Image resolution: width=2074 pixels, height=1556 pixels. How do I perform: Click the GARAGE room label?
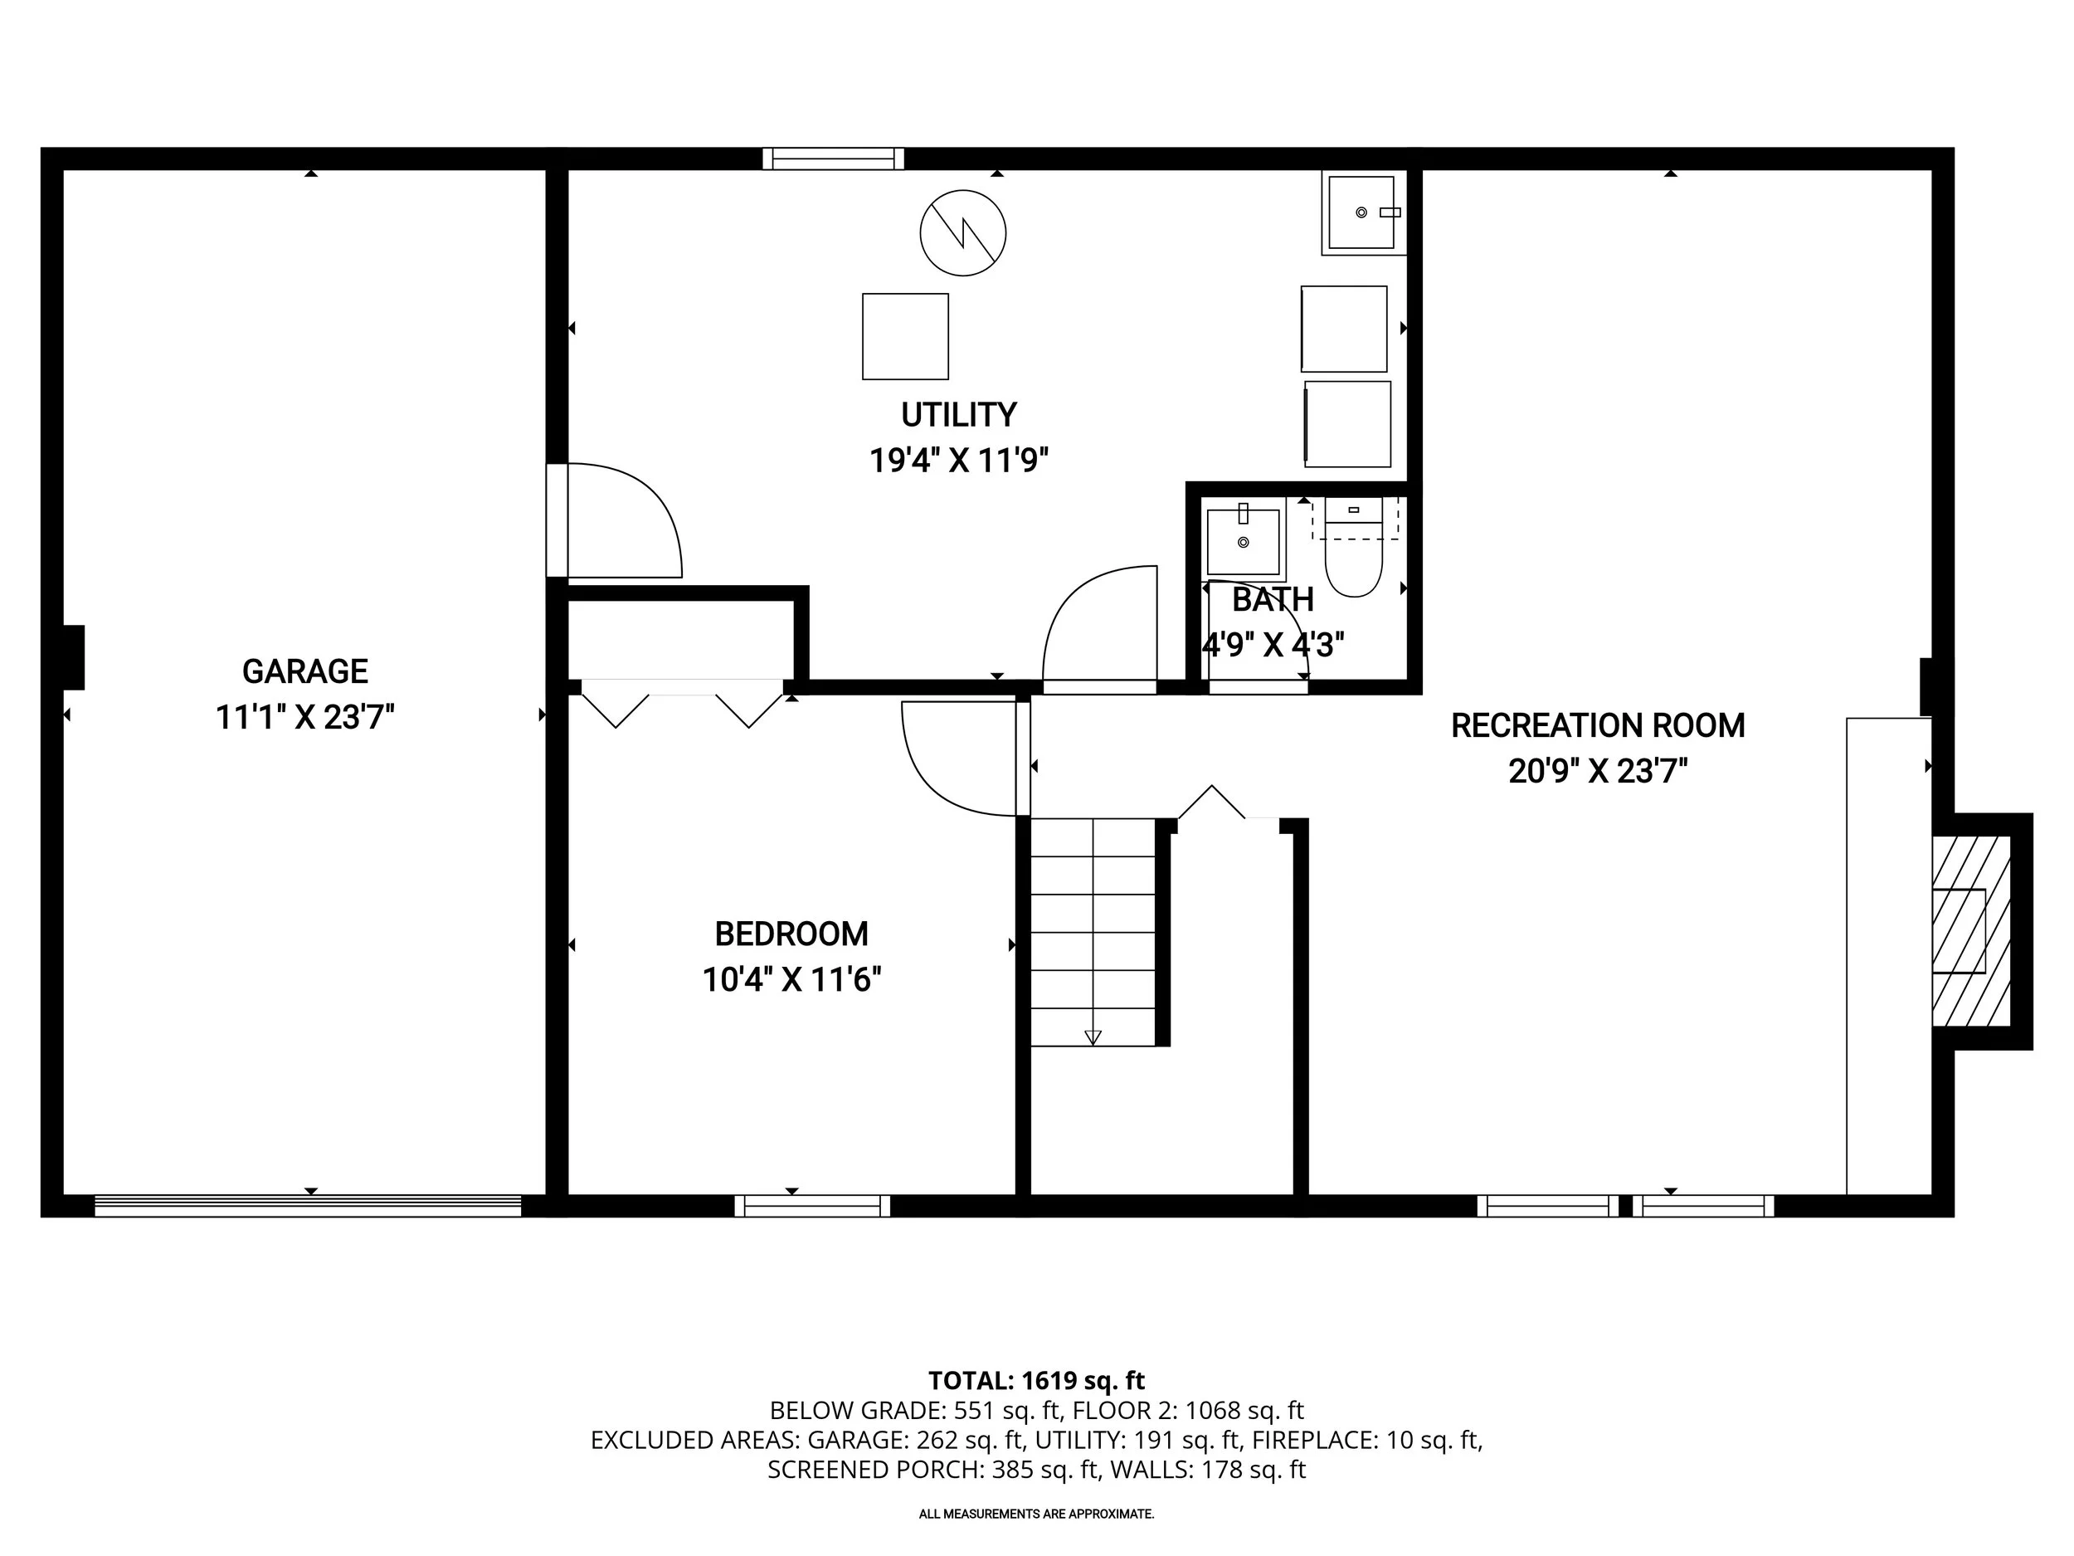pos(304,671)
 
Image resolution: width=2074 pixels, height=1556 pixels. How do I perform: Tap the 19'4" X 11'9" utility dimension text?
pos(958,461)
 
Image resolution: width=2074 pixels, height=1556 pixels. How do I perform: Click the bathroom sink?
pos(1243,542)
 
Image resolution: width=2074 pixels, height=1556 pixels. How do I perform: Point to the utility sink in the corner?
pos(1361,213)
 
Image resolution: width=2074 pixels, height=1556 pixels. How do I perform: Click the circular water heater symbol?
pos(963,232)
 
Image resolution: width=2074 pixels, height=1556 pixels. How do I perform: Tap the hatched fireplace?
pos(1971,930)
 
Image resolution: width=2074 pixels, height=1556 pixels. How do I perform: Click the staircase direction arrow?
pos(1093,1037)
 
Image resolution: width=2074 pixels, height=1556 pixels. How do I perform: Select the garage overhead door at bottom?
pos(308,1206)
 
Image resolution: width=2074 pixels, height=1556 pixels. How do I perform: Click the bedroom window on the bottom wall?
pos(812,1206)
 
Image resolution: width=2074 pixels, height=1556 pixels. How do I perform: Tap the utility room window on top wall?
pos(833,159)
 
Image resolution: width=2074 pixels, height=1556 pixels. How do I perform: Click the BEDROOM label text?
pos(791,934)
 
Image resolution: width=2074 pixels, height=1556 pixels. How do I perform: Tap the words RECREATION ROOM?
pos(1598,726)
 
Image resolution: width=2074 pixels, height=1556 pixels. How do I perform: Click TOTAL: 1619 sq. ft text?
pos(1036,1381)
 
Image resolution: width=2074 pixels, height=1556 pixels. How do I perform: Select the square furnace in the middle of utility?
pos(905,337)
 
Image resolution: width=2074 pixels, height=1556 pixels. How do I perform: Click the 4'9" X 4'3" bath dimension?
pos(1273,646)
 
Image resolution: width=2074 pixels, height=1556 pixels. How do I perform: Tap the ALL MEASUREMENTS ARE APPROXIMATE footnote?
pos(1036,1514)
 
